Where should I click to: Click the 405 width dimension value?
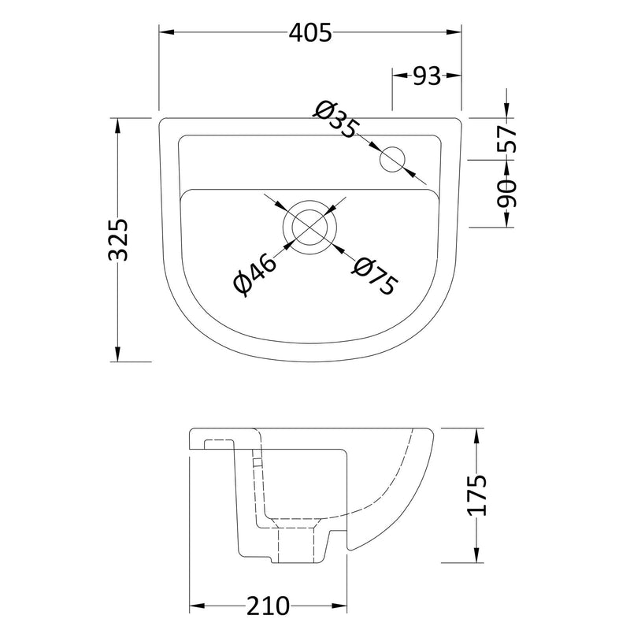(309, 32)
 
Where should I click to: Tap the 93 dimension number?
(426, 76)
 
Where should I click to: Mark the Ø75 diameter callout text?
(373, 276)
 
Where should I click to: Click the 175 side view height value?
(477, 495)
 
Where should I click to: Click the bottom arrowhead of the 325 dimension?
(118, 355)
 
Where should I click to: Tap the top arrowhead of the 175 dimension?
(477, 435)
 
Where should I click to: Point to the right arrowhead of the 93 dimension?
(456, 76)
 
